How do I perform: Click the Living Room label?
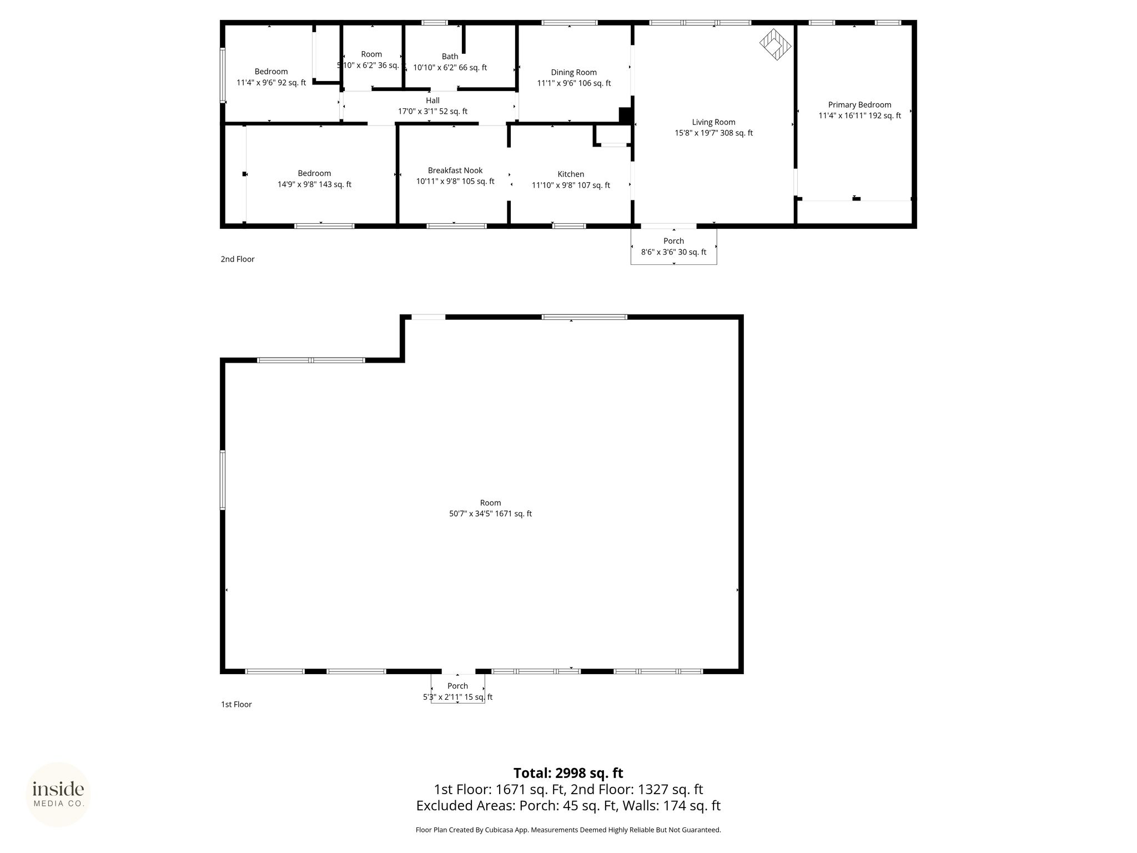(713, 122)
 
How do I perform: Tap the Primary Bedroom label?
(859, 105)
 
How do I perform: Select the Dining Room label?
(573, 72)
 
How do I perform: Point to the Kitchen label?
(571, 174)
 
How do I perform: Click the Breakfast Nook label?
(455, 170)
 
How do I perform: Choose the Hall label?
(432, 101)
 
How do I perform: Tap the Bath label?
(450, 57)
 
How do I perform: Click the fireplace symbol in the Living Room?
(775, 44)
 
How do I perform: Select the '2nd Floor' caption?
(238, 259)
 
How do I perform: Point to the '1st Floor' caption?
(237, 704)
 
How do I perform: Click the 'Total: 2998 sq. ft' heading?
(568, 773)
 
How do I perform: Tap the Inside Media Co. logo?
(58, 795)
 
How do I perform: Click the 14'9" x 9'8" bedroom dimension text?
(314, 184)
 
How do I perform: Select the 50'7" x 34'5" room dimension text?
(490, 514)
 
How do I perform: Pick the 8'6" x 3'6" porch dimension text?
(673, 252)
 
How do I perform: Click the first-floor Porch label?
(457, 686)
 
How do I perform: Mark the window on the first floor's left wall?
(223, 480)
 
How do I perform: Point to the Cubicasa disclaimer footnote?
(568, 830)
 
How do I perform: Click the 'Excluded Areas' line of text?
(568, 805)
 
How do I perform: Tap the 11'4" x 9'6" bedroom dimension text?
(271, 83)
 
